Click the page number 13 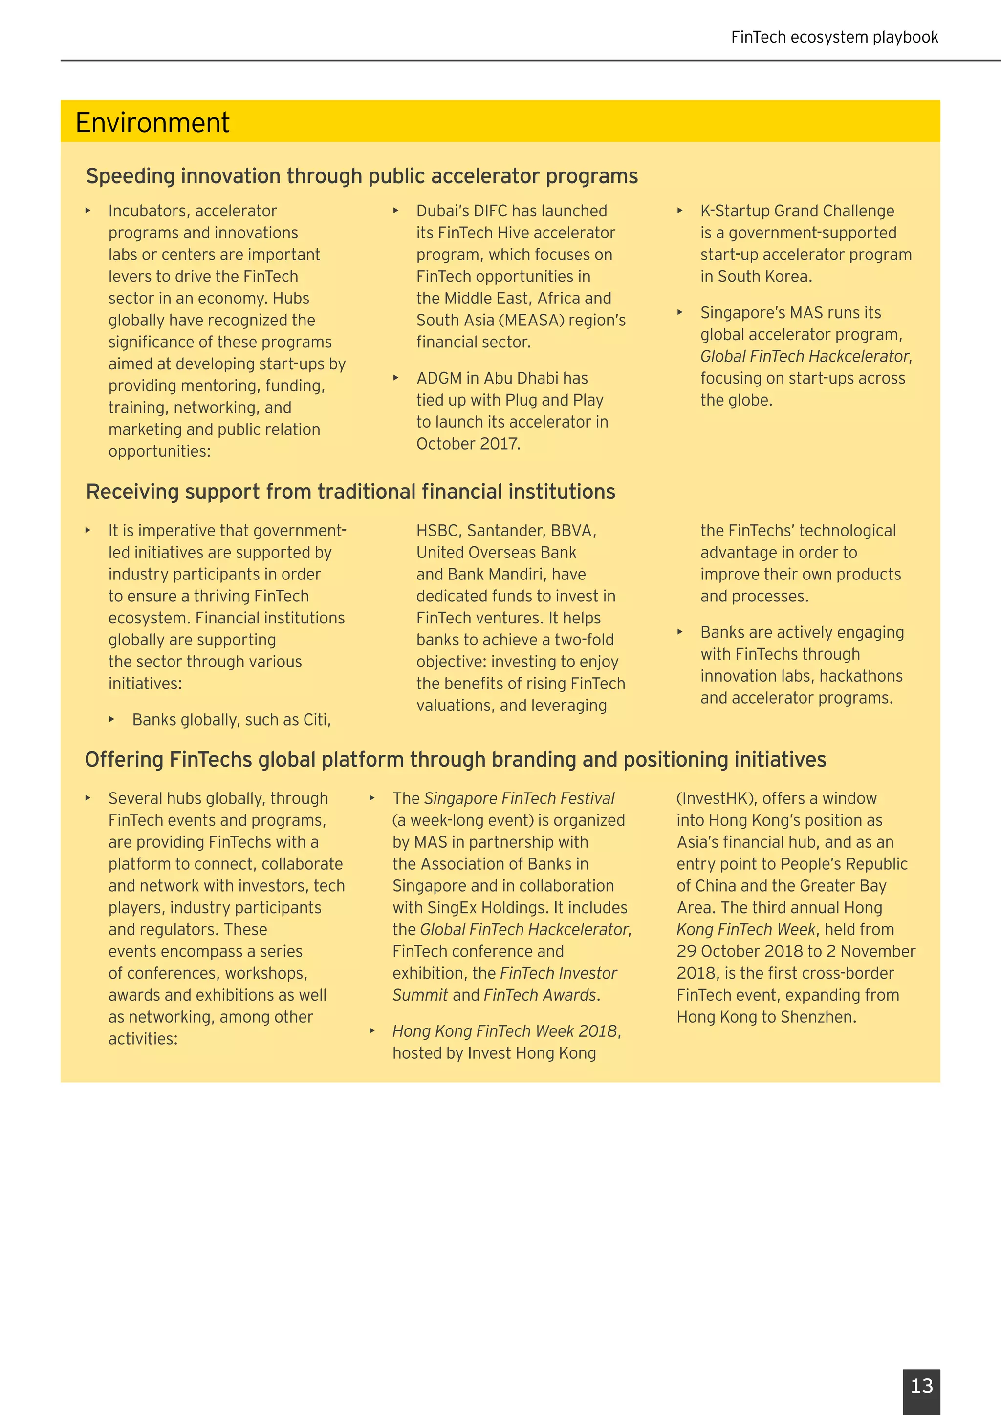[x=921, y=1385]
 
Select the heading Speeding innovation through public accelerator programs [x=362, y=176]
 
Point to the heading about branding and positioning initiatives [x=455, y=759]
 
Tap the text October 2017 [x=468, y=444]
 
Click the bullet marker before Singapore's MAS [x=680, y=312]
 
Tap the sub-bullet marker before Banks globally [x=111, y=719]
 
